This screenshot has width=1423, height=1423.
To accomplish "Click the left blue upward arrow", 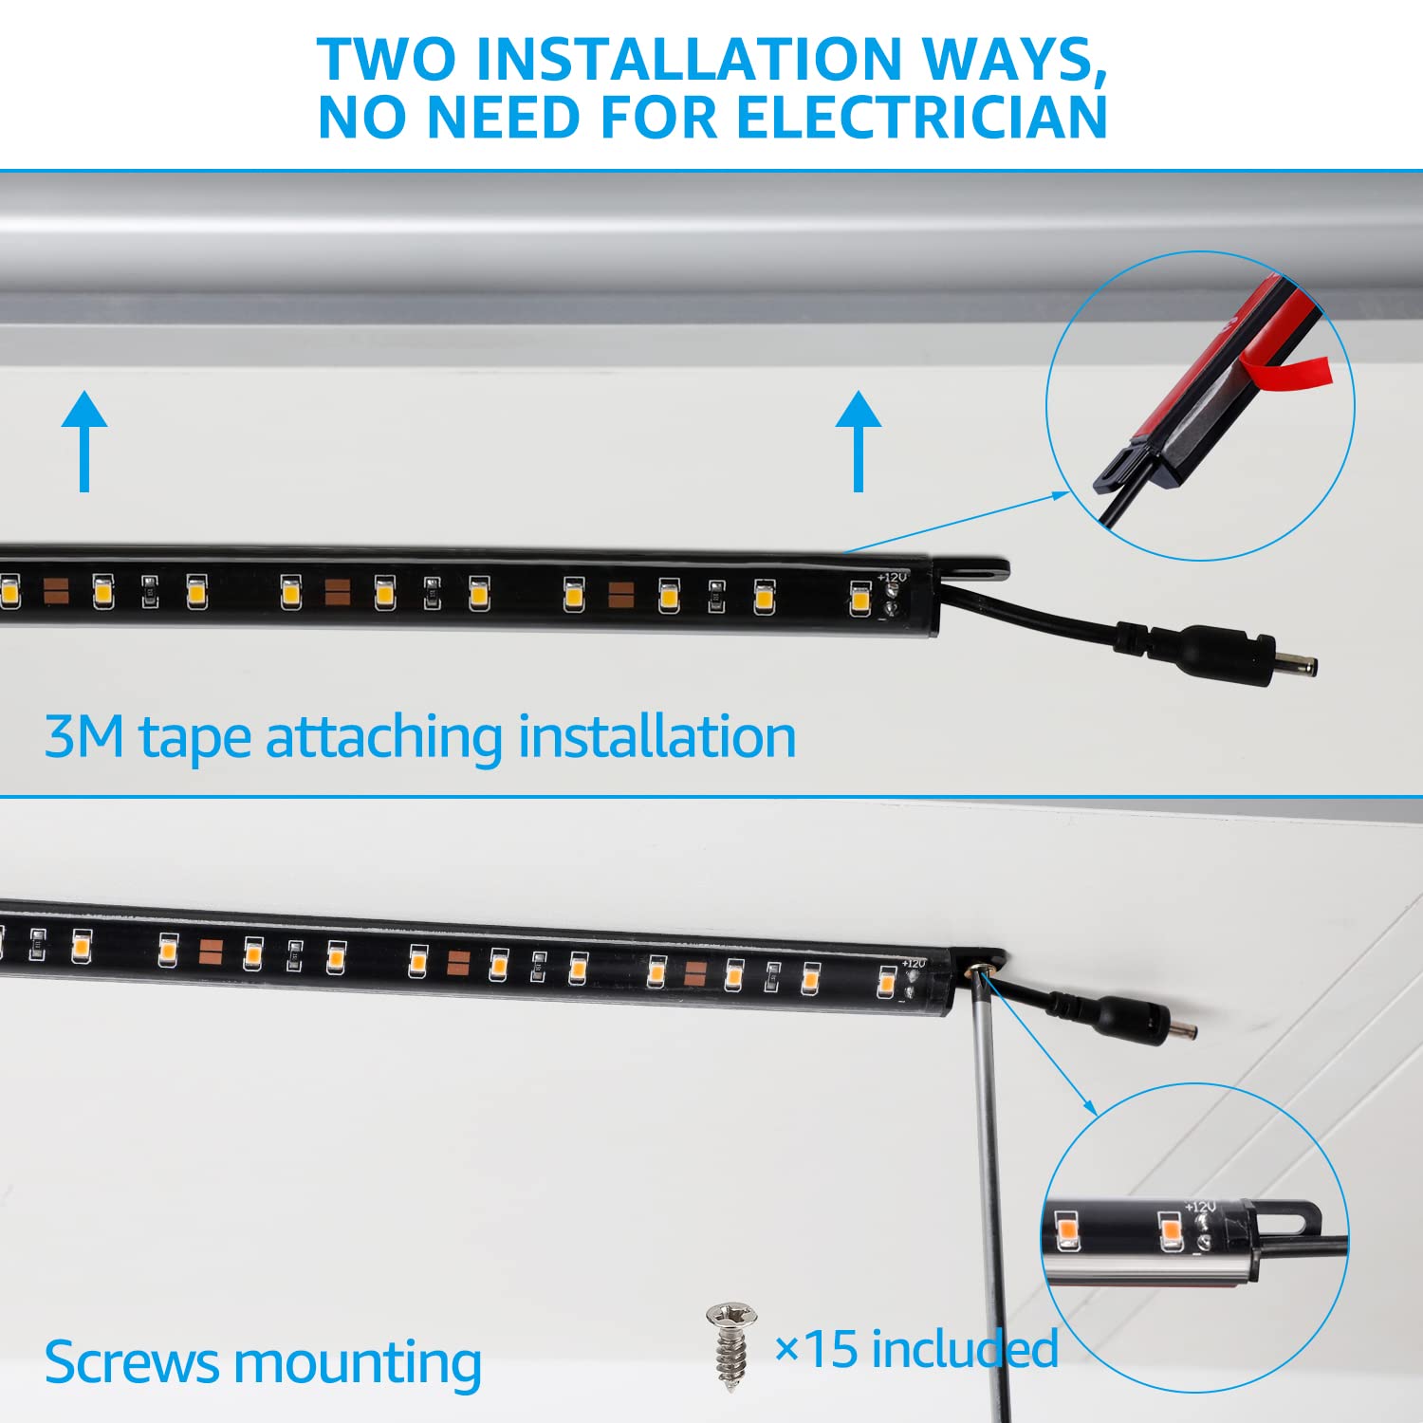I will [84, 440].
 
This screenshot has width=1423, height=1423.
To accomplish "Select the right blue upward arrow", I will [859, 440].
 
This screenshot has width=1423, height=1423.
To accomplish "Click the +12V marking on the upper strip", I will [892, 577].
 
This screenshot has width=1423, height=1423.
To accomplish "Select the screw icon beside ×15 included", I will [730, 1347].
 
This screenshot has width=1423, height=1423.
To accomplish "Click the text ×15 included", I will [916, 1349].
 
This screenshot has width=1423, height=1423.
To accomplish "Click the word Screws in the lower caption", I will [132, 1363].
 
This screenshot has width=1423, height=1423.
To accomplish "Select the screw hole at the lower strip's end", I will [979, 968].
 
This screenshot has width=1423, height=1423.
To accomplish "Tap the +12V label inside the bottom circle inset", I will [1200, 1207].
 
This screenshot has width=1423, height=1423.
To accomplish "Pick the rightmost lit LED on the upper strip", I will [859, 600].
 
